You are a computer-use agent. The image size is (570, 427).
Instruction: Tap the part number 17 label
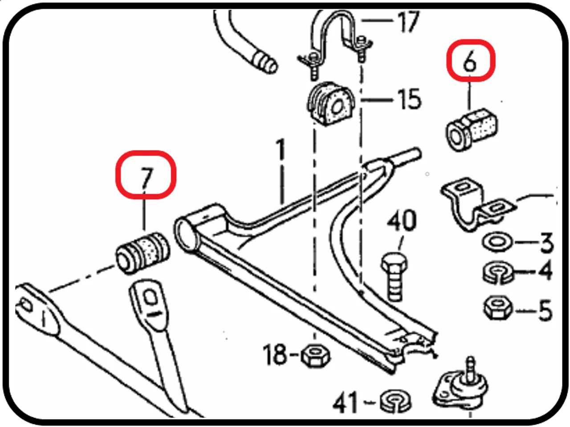[x=407, y=21]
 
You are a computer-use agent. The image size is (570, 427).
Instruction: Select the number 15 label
[x=409, y=99]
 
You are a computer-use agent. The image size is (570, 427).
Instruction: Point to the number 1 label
[x=281, y=150]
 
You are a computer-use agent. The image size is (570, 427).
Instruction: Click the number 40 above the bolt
[x=402, y=221]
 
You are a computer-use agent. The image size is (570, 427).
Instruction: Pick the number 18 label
[x=275, y=354]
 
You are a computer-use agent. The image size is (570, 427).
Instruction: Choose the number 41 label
[x=345, y=403]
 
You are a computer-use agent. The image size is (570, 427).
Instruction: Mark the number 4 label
[x=546, y=271]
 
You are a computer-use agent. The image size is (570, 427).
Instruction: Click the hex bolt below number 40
[x=395, y=276]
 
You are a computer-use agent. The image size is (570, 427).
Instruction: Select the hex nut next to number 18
[x=316, y=356]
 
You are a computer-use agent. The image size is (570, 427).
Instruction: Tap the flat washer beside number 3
[x=497, y=242]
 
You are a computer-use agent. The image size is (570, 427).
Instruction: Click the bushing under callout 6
[x=472, y=130]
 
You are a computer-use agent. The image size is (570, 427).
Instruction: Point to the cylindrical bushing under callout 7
[x=142, y=252]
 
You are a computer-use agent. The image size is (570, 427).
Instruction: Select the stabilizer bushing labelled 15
[x=330, y=104]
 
